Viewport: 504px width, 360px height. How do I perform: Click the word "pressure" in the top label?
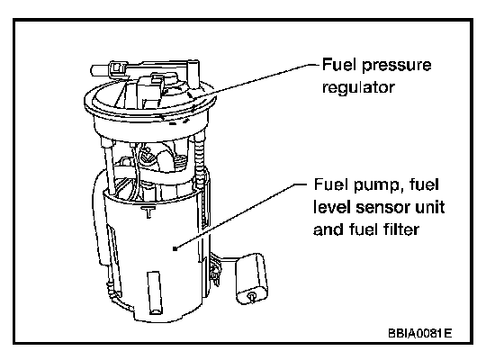pyautogui.click(x=396, y=66)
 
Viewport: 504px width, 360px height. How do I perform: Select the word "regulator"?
pyautogui.click(x=358, y=88)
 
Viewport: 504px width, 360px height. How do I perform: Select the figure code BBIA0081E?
pyautogui.click(x=419, y=333)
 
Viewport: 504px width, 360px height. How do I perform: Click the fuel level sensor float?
pyautogui.click(x=252, y=278)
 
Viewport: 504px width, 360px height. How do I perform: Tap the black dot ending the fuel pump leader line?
pyautogui.click(x=175, y=248)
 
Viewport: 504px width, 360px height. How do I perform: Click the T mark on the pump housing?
pyautogui.click(x=148, y=211)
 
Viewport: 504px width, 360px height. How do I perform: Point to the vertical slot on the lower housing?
pyautogui.click(x=154, y=292)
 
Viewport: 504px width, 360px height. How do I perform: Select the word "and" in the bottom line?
pyautogui.click(x=328, y=229)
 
